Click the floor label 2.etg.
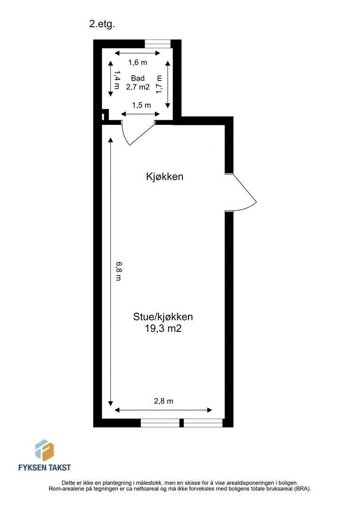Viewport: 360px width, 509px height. (102, 25)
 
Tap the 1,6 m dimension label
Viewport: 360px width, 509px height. (138, 62)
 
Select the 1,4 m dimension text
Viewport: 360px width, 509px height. (116, 79)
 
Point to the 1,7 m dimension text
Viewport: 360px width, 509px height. (160, 83)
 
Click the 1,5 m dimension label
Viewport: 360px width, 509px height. (141, 105)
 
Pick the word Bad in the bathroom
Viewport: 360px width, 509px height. (138, 78)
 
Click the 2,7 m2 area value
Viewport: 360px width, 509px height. (138, 87)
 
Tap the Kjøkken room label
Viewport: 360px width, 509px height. (164, 177)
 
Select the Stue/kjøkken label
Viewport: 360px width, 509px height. (163, 317)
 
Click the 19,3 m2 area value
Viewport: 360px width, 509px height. (163, 329)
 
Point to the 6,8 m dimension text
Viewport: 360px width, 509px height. (118, 271)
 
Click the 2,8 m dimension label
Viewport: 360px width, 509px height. (164, 402)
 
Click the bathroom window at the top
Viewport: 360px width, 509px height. (157, 44)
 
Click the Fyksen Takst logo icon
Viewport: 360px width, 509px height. (44, 450)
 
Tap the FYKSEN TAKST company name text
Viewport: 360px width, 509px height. (44, 468)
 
